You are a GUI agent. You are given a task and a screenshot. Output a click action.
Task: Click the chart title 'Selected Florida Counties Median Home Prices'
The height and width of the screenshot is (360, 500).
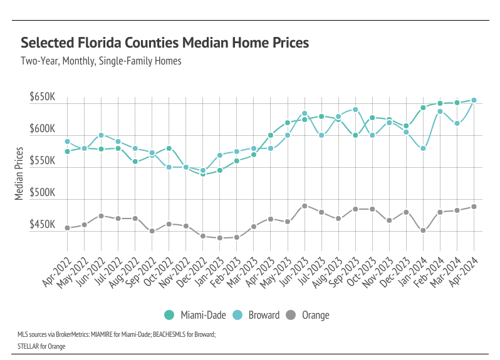click(165, 43)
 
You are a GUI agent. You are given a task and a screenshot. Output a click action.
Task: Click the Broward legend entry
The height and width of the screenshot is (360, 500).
click(256, 315)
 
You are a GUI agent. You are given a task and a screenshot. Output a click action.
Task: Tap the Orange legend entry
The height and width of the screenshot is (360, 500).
click(308, 315)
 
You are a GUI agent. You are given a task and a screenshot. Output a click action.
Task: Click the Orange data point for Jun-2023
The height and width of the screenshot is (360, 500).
click(305, 206)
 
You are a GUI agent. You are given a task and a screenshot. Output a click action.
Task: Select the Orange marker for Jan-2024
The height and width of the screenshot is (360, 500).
click(423, 230)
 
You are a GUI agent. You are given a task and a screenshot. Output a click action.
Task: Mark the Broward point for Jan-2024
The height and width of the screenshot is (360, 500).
click(423, 148)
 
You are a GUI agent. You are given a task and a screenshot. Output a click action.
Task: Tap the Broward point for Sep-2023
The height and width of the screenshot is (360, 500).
click(355, 110)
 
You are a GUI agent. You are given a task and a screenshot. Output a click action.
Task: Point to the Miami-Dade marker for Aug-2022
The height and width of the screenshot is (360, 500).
click(135, 162)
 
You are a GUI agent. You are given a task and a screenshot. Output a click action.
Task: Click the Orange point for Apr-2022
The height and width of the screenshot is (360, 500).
click(67, 228)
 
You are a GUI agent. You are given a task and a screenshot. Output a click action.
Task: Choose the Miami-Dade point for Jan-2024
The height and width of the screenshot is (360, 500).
click(423, 108)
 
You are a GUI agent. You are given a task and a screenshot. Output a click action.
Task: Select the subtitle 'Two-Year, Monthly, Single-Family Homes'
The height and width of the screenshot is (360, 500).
click(101, 61)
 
